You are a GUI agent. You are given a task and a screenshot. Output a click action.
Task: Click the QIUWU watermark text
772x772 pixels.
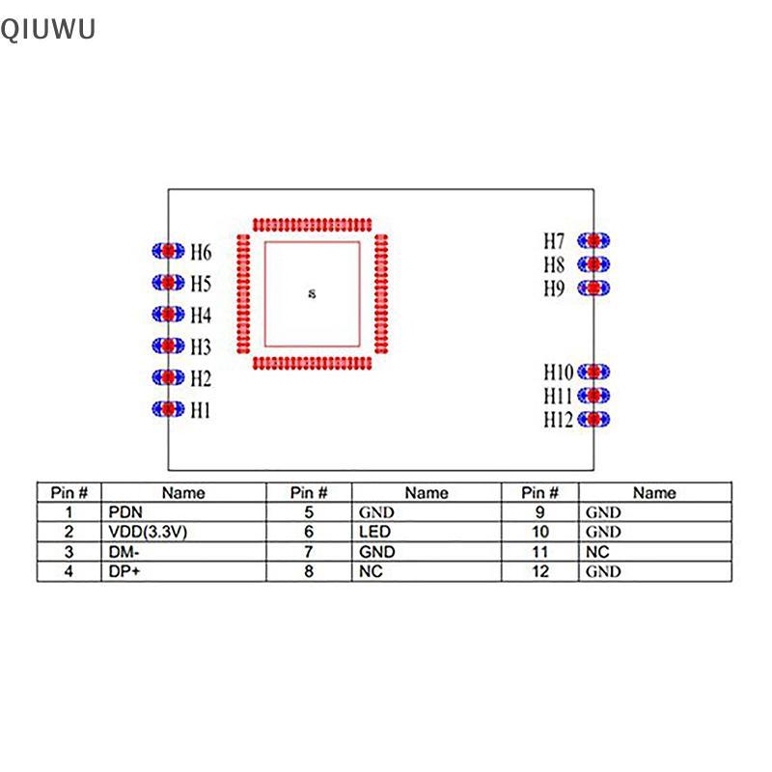coord(48,31)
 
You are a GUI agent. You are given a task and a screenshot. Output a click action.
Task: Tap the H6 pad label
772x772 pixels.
coord(201,252)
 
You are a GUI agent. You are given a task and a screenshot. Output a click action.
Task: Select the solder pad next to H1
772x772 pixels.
coord(168,409)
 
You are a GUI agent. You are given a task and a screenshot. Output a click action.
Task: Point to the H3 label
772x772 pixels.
coord(201,346)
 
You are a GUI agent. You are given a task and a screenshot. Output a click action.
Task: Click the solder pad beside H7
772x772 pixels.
coord(595,240)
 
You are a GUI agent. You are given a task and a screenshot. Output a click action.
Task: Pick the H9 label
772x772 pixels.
coord(553,289)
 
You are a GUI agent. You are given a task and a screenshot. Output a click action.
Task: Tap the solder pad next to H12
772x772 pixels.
coord(595,419)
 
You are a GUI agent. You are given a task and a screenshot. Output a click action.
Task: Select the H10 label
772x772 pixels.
coord(557,372)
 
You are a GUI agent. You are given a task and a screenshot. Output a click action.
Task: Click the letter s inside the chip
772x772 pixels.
coord(311,293)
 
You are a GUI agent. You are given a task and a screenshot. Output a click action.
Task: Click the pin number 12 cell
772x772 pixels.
coord(539,570)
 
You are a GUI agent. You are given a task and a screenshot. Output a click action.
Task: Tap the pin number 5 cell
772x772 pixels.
coord(310,512)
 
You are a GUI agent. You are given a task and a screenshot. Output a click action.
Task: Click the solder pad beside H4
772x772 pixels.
coord(168,315)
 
